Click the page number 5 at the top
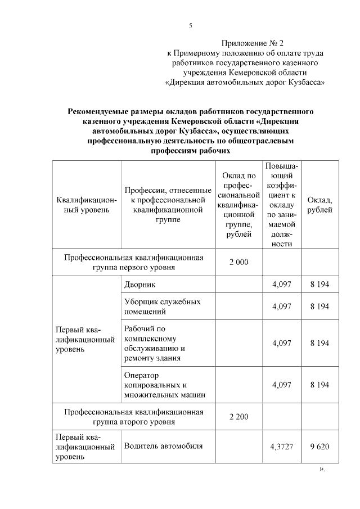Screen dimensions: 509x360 [191, 25]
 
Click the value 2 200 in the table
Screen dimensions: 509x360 [238, 416]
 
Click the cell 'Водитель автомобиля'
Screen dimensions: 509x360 [163, 446]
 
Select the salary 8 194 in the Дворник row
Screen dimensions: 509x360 [319, 285]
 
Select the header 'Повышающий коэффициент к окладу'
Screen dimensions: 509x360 [281, 205]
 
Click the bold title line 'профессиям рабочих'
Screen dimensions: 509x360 [191, 151]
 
